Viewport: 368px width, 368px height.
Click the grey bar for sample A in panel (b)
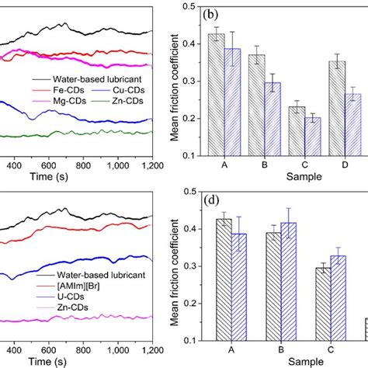click(217, 94)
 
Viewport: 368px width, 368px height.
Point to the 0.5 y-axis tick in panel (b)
click(188, 6)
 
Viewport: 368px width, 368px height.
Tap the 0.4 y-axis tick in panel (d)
click(188, 232)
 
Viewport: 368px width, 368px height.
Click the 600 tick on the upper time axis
click(49, 166)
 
